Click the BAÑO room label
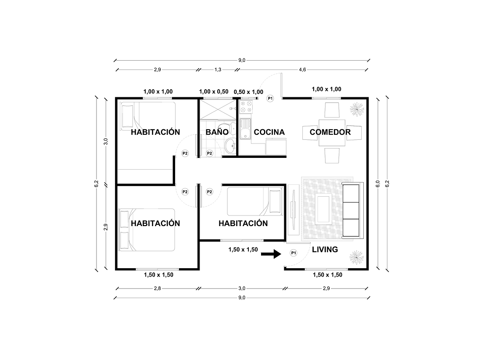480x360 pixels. (217, 132)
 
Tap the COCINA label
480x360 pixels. (269, 132)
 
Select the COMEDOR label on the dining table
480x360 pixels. (330, 132)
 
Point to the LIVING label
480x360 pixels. (325, 249)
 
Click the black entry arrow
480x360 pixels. (271, 253)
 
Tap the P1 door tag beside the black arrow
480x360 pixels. (293, 253)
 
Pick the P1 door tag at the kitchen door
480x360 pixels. (270, 99)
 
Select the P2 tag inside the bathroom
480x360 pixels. (209, 153)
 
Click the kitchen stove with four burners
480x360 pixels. (246, 107)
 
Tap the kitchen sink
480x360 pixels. (245, 128)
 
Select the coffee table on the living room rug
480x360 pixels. (323, 209)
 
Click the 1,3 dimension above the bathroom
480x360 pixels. (218, 69)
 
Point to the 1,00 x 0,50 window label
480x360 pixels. (213, 91)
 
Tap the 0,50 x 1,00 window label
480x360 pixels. (248, 92)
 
